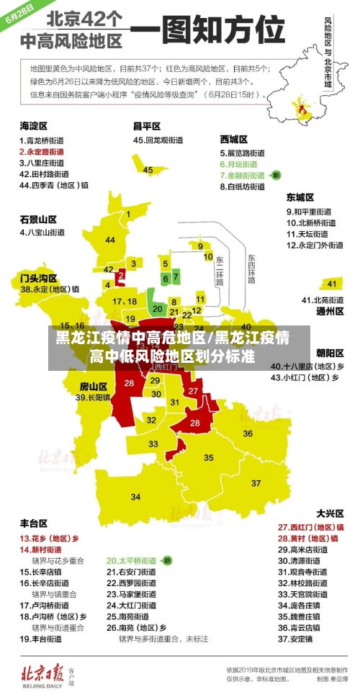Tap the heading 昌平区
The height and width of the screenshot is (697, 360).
click(x=147, y=125)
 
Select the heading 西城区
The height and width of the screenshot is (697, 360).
click(x=233, y=139)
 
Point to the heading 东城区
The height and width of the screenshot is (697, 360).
click(x=300, y=197)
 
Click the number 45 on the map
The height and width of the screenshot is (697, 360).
click(x=148, y=170)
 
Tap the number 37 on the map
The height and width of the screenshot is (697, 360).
click(x=257, y=482)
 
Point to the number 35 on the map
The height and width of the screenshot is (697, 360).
click(x=208, y=457)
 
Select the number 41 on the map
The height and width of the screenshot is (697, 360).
click(x=331, y=283)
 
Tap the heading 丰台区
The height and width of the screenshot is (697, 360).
click(x=33, y=523)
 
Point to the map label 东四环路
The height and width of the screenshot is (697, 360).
click(x=251, y=268)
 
